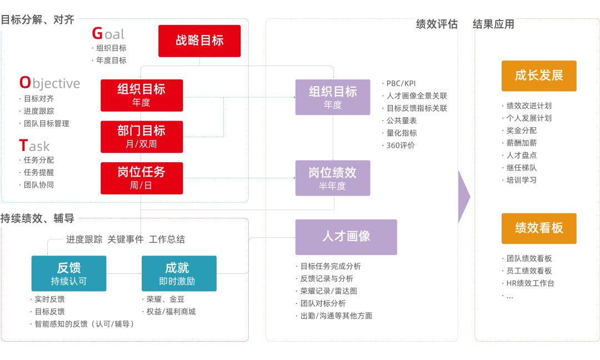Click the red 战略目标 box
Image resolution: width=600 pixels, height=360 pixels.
(x=199, y=41)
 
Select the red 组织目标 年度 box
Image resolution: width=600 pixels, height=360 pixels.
(x=142, y=95)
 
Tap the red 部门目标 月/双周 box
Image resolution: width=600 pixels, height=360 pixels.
(x=142, y=137)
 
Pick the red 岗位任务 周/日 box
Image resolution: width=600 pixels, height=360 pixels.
(x=142, y=178)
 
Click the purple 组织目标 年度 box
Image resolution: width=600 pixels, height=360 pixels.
(x=333, y=97)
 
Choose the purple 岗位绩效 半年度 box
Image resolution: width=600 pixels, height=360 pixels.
(x=333, y=178)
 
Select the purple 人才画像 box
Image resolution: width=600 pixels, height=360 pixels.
(x=346, y=237)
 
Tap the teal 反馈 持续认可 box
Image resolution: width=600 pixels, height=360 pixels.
(x=69, y=273)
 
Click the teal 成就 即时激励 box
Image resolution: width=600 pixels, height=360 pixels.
(x=179, y=273)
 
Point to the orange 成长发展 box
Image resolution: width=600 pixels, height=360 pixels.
(x=539, y=76)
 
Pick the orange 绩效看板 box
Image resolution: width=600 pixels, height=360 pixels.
(x=539, y=228)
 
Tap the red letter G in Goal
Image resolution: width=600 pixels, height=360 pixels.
(x=97, y=34)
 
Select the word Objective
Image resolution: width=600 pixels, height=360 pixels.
(x=50, y=83)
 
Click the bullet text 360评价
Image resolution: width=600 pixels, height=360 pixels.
(x=401, y=146)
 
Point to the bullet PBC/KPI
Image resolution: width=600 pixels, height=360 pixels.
(x=401, y=83)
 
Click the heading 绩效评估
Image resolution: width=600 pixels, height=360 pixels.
(x=437, y=24)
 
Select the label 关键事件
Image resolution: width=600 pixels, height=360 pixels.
(x=126, y=239)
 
